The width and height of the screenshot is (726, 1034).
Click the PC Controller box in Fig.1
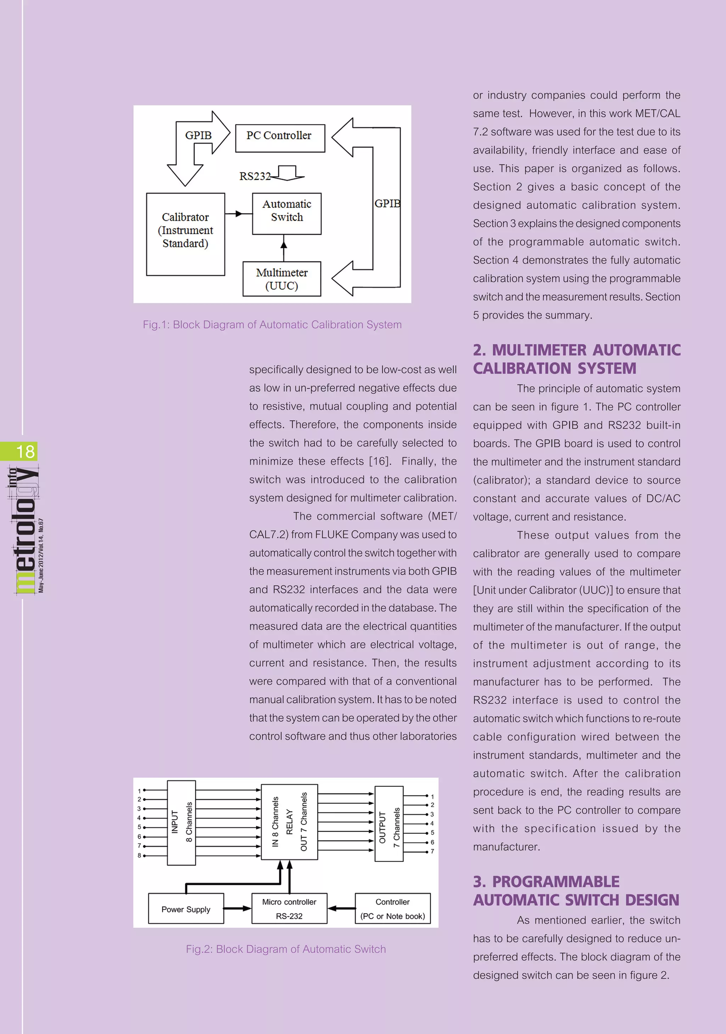tap(280, 138)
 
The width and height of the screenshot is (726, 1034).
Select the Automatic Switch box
tap(286, 213)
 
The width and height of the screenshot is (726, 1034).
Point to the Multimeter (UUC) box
tap(281, 279)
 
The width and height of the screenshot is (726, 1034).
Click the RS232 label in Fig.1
tap(255, 176)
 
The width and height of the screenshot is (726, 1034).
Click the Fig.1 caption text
tap(272, 324)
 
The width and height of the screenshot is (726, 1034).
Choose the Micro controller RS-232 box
tap(289, 909)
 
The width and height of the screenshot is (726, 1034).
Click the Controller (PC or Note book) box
tap(392, 909)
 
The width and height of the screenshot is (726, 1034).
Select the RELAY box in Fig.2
tap(289, 822)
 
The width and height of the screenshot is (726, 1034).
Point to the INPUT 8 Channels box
tap(181, 822)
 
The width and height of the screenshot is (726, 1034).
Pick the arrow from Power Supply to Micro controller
tap(238, 909)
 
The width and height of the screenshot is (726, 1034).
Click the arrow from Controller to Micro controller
tap(341, 909)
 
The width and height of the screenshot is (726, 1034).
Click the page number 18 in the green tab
tap(25, 451)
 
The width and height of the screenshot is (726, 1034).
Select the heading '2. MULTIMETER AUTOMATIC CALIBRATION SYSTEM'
tap(576, 359)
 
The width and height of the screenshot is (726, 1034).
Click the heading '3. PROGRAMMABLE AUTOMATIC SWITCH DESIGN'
tap(576, 890)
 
